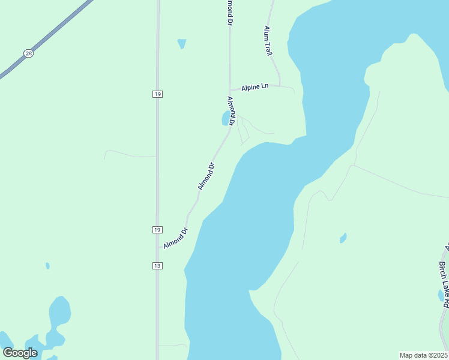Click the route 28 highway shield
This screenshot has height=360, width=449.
pyautogui.click(x=28, y=53)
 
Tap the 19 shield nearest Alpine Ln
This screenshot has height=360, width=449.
pyautogui.click(x=157, y=94)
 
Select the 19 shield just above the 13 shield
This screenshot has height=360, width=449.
pyautogui.click(x=157, y=230)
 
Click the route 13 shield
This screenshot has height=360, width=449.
pyautogui.click(x=157, y=265)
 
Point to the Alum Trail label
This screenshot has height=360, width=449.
pyautogui.click(x=268, y=41)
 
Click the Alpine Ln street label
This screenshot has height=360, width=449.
pyautogui.click(x=255, y=88)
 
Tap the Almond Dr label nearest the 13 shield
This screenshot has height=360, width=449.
pyautogui.click(x=176, y=237)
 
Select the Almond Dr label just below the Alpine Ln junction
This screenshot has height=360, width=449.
pyautogui.click(x=230, y=110)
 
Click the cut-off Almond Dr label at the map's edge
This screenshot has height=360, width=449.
pyautogui.click(x=229, y=12)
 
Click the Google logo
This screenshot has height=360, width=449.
pyautogui.click(x=20, y=353)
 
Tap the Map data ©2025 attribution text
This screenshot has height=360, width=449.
pyautogui.click(x=423, y=355)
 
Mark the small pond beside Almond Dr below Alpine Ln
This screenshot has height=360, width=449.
pyautogui.click(x=227, y=118)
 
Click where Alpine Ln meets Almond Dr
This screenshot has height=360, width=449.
pyautogui.click(x=230, y=91)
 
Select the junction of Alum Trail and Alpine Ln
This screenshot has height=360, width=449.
pyautogui.click(x=280, y=85)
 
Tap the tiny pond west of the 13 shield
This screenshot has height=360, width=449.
pyautogui.click(x=47, y=265)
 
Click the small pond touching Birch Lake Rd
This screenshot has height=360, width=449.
pyautogui.click(x=441, y=295)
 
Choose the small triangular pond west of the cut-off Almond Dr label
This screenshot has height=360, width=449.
pyautogui.click(x=181, y=43)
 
